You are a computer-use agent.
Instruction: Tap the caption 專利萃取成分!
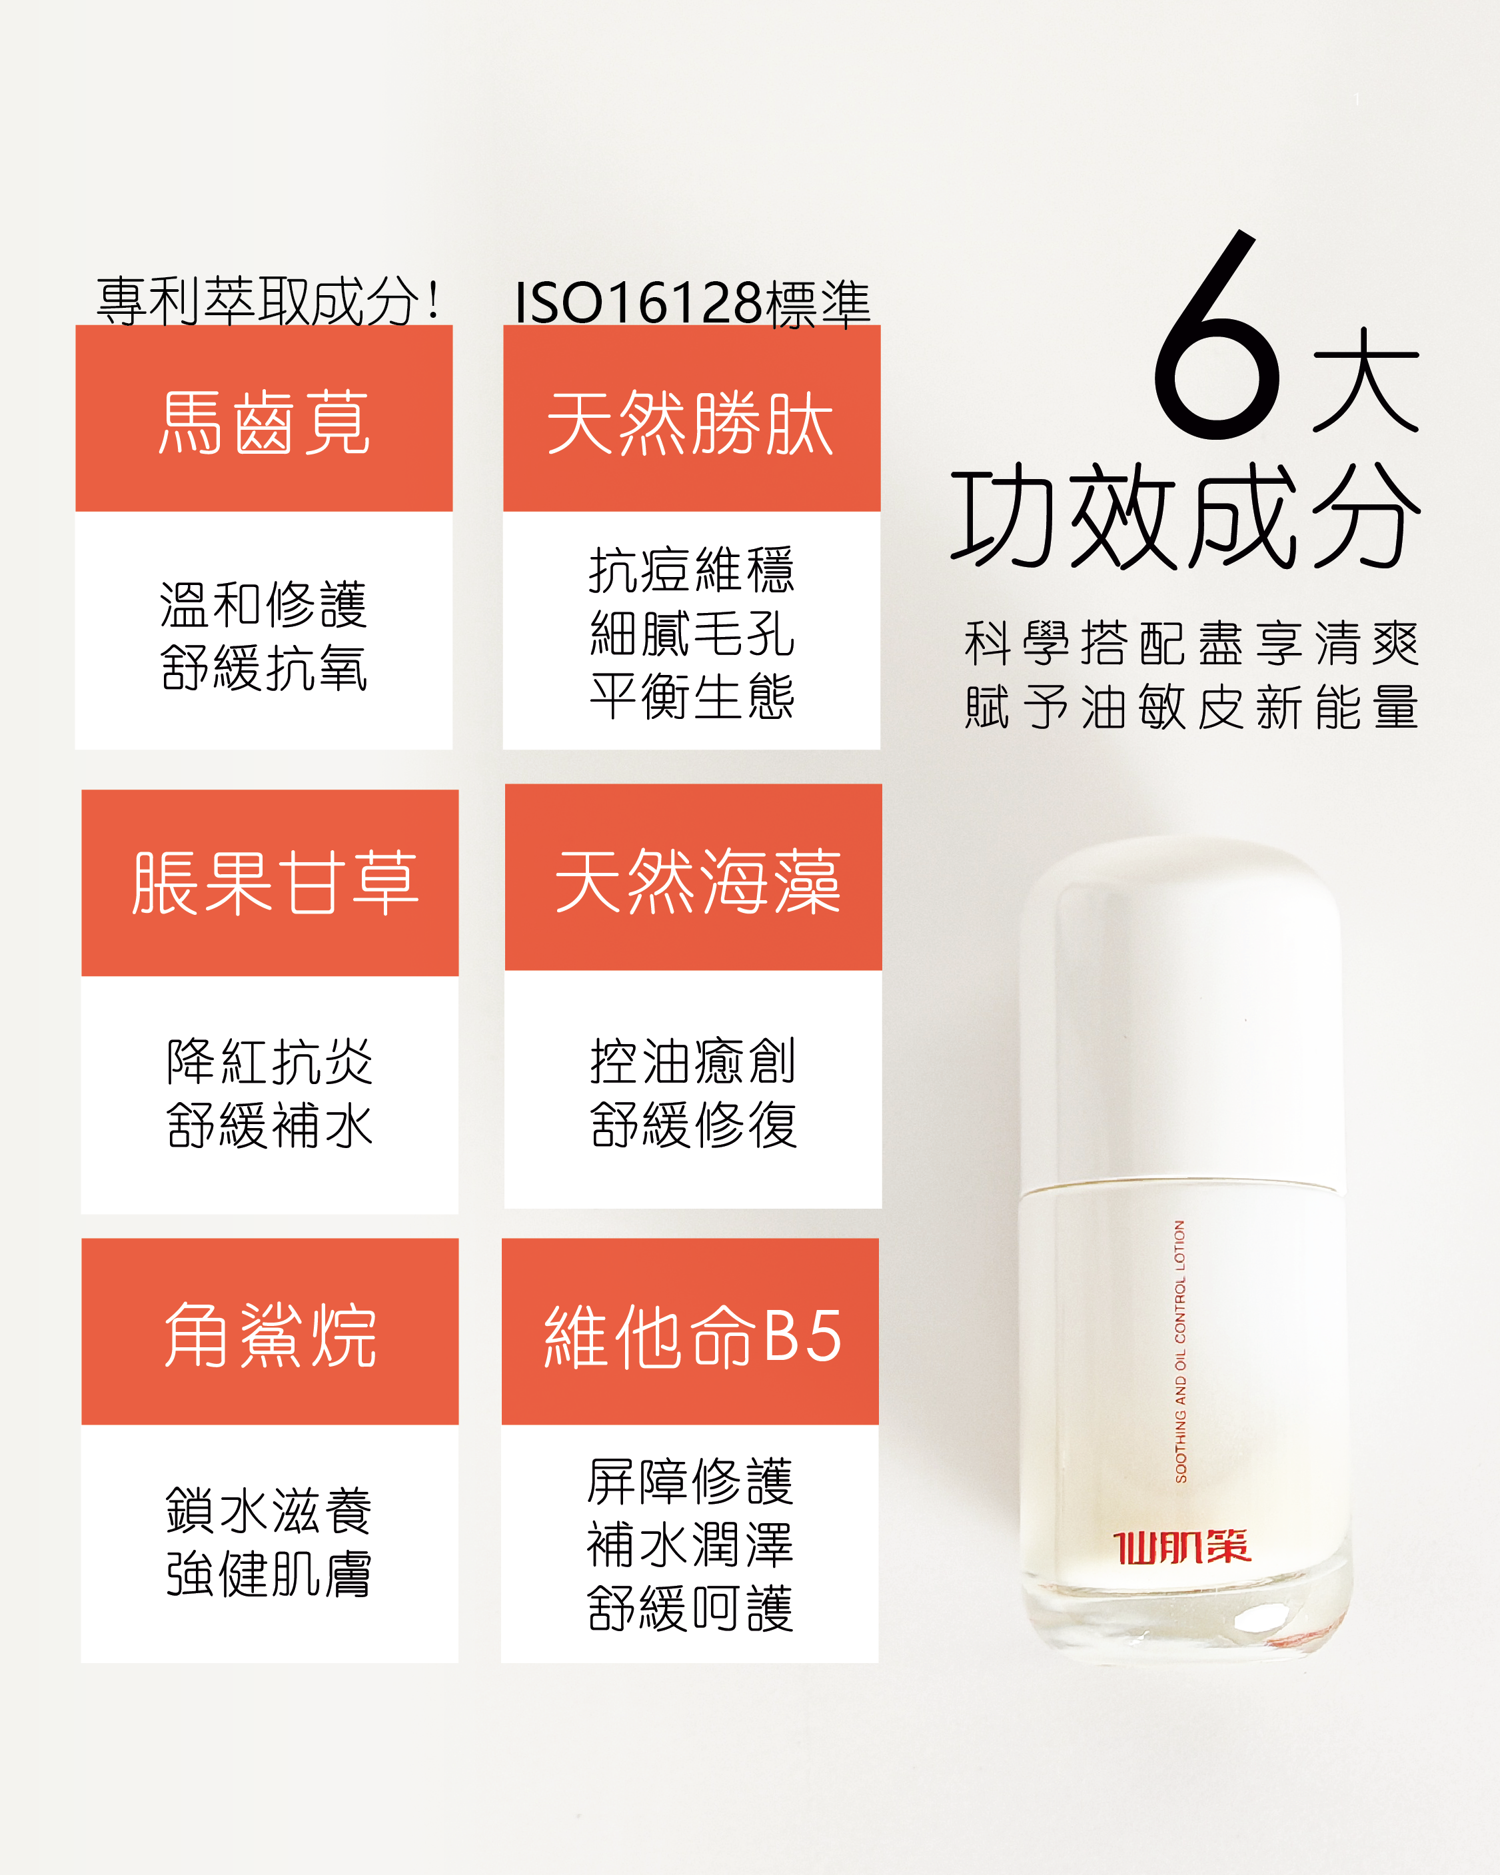tap(269, 301)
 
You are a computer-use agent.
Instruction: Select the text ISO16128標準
tap(692, 304)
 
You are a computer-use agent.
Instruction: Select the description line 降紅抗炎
tap(270, 1062)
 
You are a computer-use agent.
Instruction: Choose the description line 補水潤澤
tap(690, 1545)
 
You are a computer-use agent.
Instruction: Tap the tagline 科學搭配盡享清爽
tap(1192, 644)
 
